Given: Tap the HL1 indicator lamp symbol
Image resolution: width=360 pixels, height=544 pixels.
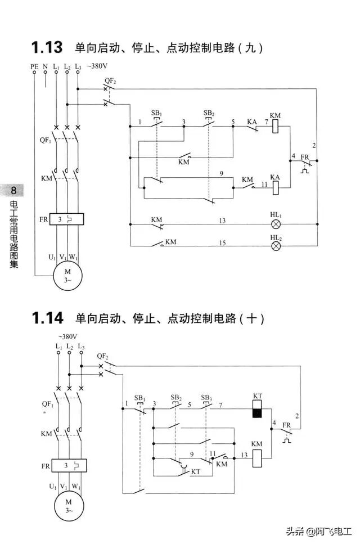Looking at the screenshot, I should coord(276,224).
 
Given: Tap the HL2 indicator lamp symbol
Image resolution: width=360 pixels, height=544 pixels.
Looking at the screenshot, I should coord(276,246).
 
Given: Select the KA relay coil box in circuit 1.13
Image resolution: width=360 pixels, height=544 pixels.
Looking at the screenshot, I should coord(276,188).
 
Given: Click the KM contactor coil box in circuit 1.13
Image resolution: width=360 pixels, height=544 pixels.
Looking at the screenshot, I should coord(276,128).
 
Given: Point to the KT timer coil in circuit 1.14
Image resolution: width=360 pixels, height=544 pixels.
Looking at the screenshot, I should coord(257,410).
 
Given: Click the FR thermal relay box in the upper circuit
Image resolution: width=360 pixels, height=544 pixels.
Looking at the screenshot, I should coord(67,219).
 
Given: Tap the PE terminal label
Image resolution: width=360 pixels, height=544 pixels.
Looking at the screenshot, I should coord(34,67).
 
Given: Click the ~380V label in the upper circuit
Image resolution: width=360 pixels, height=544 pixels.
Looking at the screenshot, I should coord(96,66).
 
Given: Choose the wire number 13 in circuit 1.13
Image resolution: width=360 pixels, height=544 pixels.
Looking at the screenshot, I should coord(223,221).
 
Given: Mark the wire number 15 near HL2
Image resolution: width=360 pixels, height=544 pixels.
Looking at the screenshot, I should coord(223,242).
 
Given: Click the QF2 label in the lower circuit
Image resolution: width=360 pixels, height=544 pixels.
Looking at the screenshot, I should coord(102,356).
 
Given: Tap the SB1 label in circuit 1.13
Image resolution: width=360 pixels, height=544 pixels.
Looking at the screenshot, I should coord(156,113).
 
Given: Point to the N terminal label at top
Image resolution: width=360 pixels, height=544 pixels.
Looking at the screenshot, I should coord(45,67).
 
